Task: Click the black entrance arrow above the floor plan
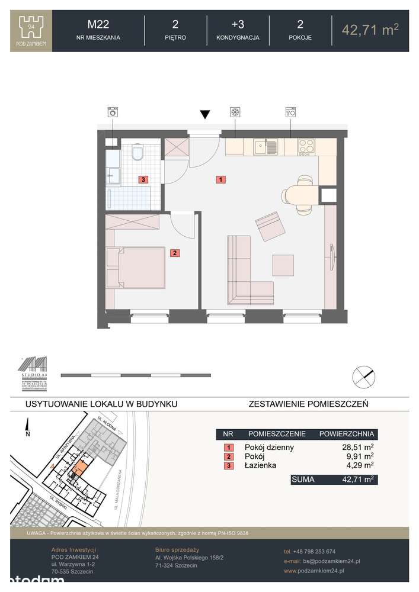pyautogui.click(x=205, y=114)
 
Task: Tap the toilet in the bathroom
pyautogui.click(x=138, y=153)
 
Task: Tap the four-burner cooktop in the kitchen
pyautogui.click(x=306, y=145)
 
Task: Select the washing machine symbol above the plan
pyautogui.click(x=112, y=112)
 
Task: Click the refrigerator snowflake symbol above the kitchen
pyautogui.click(x=234, y=112)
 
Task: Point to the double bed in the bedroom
pyautogui.click(x=135, y=268)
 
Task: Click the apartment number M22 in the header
pyautogui.click(x=98, y=24)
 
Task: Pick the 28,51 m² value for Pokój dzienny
pyautogui.click(x=354, y=448)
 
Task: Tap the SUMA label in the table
pyautogui.click(x=303, y=479)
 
